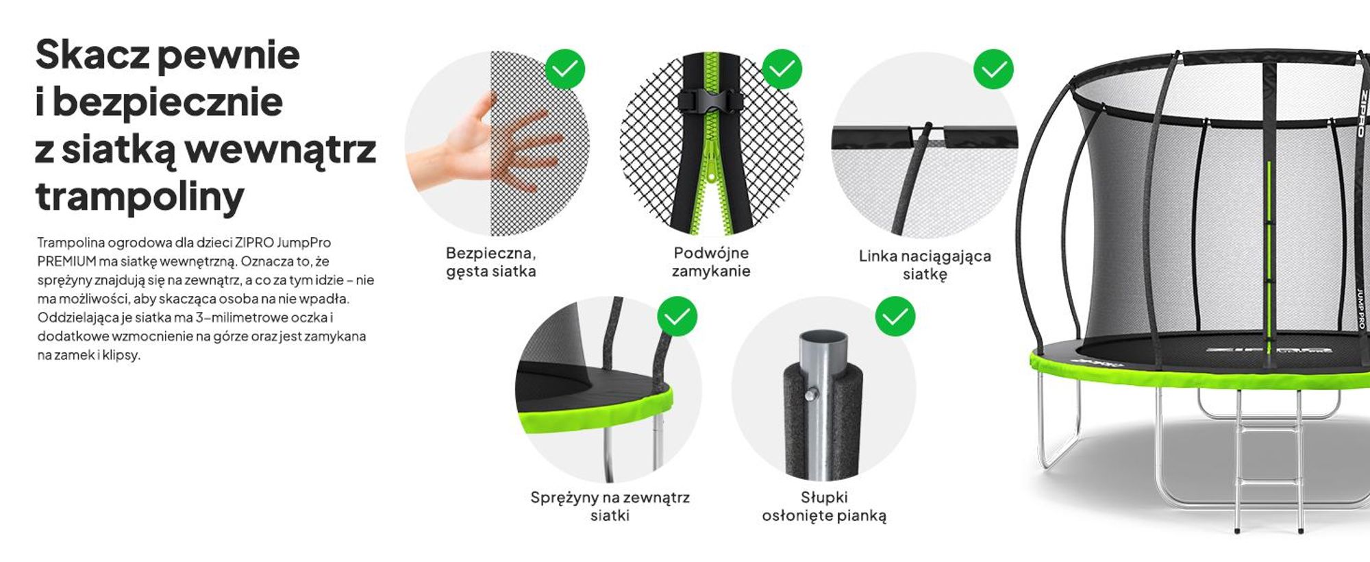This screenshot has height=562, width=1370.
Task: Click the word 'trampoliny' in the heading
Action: (139, 197)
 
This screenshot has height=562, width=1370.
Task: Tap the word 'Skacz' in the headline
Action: (92, 55)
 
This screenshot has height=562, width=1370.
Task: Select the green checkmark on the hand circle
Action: (565, 69)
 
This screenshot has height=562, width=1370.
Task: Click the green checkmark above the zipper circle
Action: (782, 69)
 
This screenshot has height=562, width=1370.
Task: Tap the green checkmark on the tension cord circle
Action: (993, 69)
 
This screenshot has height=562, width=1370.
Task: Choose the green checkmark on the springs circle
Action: (677, 316)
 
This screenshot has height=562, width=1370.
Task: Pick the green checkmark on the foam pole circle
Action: (895, 316)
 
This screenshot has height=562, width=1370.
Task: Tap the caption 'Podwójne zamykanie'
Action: (711, 262)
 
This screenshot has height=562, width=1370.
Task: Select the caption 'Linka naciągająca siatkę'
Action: (925, 265)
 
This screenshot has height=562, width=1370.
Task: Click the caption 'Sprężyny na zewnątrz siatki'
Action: (610, 506)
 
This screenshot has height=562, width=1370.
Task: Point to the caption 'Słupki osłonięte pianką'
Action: (824, 506)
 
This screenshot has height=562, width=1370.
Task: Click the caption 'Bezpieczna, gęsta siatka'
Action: (491, 262)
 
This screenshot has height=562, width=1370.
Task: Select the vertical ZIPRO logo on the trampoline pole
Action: (1362, 113)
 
